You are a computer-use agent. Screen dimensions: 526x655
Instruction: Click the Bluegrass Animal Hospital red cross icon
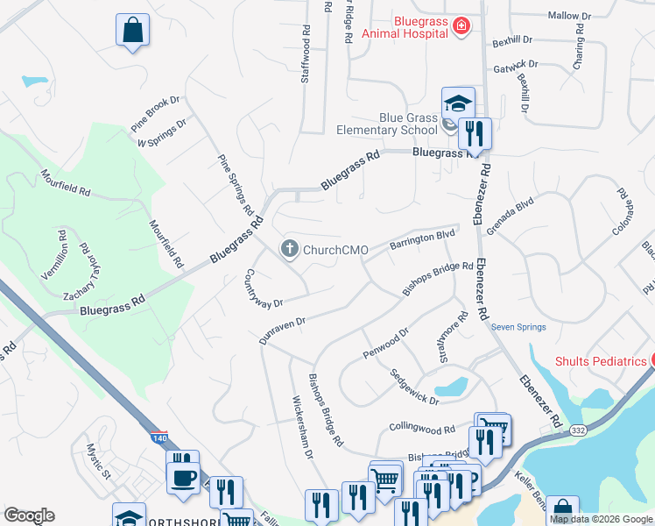[462, 28]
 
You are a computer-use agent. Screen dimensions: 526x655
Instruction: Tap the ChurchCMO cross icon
[288, 250]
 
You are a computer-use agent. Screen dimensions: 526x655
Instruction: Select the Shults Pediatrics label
[600, 361]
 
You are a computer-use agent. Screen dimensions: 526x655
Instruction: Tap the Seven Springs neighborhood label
[518, 328]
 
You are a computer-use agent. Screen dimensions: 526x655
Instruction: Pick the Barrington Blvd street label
[423, 238]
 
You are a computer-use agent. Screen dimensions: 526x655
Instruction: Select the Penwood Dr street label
[385, 343]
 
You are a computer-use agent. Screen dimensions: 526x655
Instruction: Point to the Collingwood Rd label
[422, 430]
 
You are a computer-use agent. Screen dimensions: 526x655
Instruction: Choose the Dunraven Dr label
[282, 331]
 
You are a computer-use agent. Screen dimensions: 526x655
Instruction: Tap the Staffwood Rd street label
[306, 53]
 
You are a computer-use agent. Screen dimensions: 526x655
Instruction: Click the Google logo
[29, 515]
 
